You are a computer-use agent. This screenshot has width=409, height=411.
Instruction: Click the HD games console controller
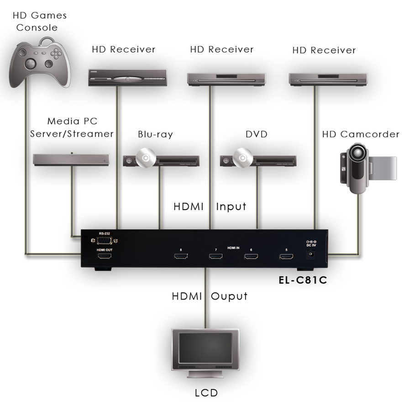click(x=40, y=63)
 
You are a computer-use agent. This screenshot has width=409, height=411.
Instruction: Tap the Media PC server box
click(x=71, y=159)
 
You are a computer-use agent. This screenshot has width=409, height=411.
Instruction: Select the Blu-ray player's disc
click(x=146, y=158)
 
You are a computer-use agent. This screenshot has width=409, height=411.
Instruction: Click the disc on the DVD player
click(x=243, y=158)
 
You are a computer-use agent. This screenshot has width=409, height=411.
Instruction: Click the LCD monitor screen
click(x=205, y=348)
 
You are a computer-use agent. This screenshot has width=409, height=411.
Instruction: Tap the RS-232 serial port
click(x=104, y=240)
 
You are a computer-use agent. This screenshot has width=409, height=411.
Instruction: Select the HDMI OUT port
click(x=105, y=256)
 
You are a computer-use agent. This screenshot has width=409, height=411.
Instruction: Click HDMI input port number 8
click(x=181, y=256)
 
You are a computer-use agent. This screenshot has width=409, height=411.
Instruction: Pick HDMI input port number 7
click(x=216, y=256)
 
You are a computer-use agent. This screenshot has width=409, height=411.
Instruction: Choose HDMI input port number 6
click(x=251, y=256)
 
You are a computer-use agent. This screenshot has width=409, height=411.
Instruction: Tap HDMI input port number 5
click(x=286, y=256)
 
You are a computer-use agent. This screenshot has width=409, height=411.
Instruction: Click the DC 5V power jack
click(x=311, y=254)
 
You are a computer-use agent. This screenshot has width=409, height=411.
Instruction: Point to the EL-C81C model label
click(x=303, y=280)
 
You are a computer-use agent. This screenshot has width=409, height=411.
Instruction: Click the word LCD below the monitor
click(x=206, y=393)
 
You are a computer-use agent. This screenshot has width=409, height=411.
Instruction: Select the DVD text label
click(x=257, y=134)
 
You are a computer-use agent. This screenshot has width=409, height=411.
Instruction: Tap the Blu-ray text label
click(x=155, y=134)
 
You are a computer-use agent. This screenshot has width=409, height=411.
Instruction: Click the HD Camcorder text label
click(x=361, y=134)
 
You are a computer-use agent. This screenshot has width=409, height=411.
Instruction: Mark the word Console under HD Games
click(x=37, y=27)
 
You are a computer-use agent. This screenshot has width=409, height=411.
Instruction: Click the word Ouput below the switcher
click(x=229, y=296)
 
